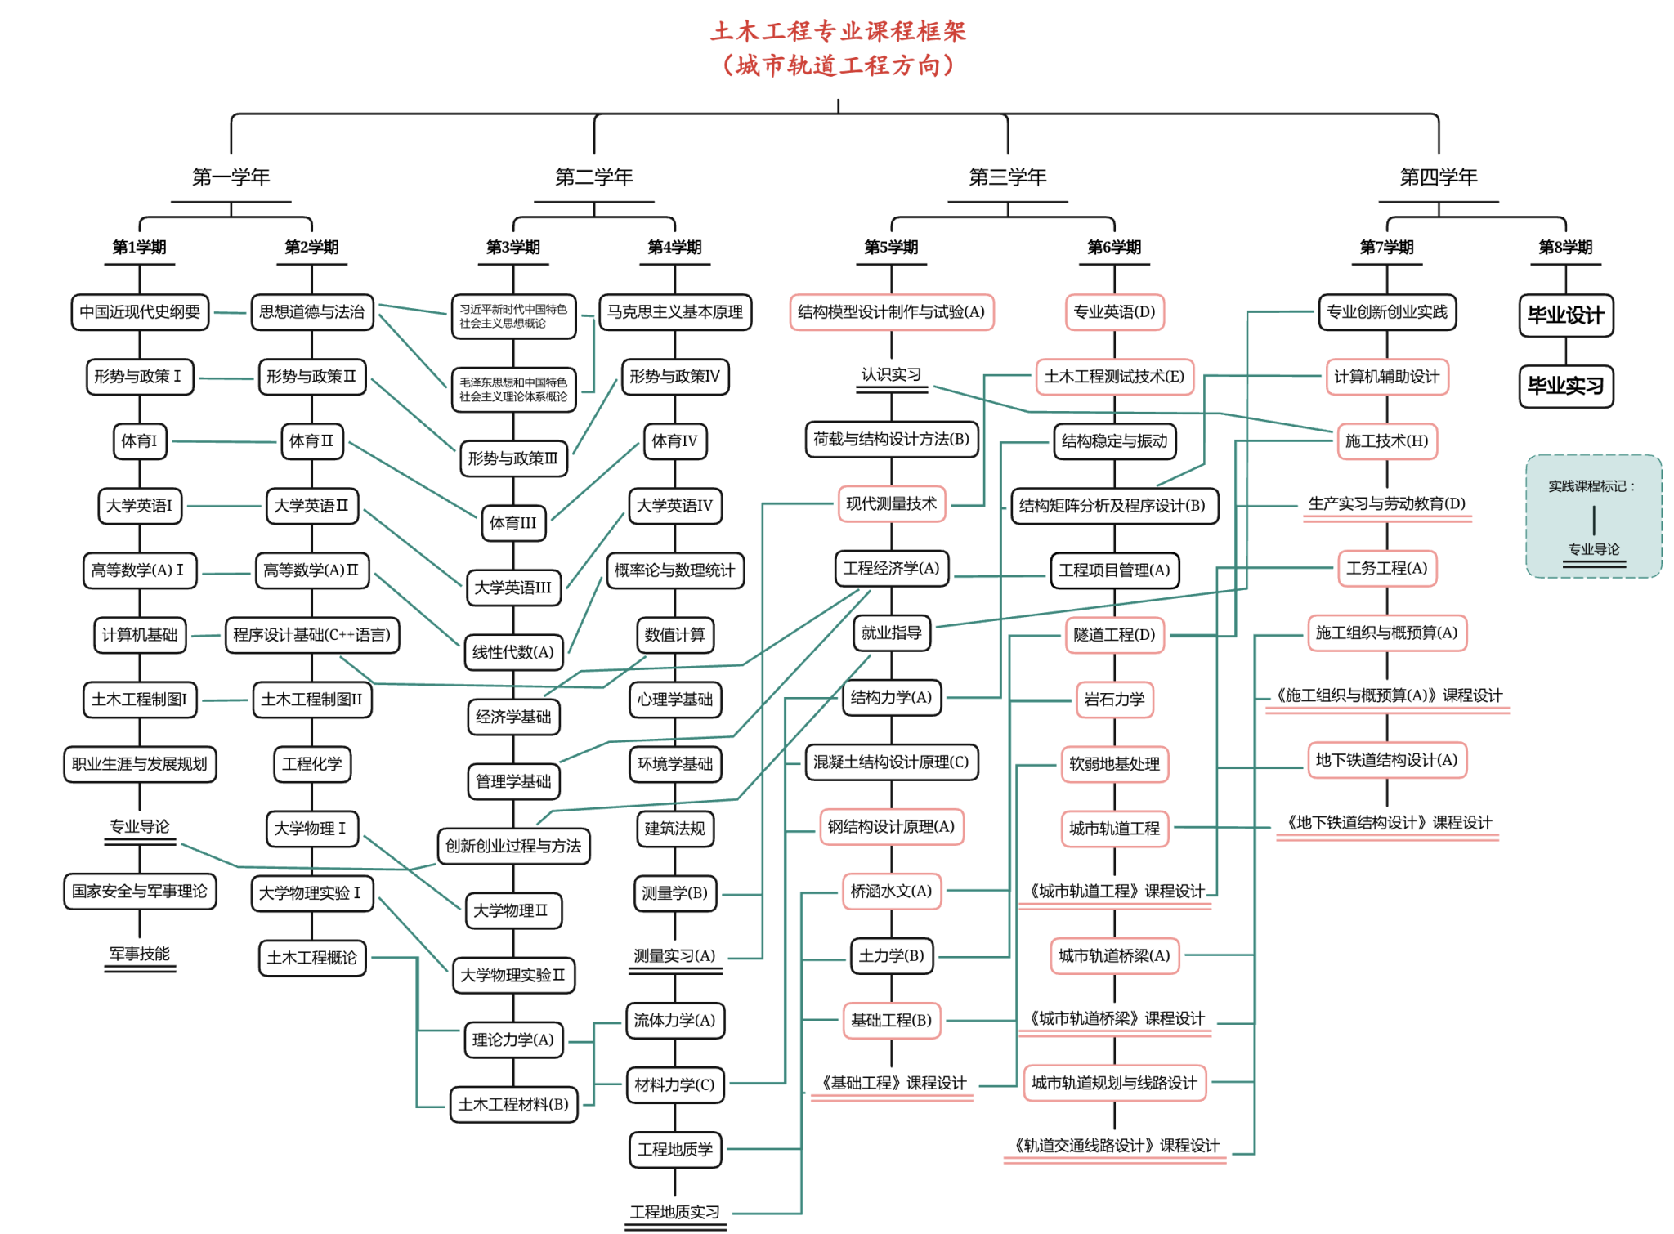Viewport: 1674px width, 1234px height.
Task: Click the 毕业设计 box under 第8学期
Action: [x=1565, y=315]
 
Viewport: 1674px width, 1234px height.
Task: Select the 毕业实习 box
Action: [x=1565, y=386]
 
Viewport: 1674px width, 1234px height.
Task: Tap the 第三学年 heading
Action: [x=1007, y=177]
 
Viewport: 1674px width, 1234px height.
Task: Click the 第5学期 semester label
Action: [x=891, y=247]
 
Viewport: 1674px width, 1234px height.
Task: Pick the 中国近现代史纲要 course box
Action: [x=140, y=312]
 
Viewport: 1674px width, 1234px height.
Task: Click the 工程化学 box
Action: [x=311, y=764]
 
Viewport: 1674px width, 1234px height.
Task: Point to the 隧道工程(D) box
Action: [x=1114, y=635]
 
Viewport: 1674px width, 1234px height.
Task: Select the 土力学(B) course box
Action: [x=891, y=956]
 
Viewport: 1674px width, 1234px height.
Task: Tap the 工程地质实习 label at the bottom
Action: [x=674, y=1212]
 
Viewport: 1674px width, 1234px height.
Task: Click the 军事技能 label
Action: [x=140, y=954]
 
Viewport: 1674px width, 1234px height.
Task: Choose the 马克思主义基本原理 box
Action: [x=674, y=312]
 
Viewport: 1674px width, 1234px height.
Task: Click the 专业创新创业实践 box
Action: [x=1386, y=312]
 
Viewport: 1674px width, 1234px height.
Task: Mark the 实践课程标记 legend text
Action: [x=1592, y=486]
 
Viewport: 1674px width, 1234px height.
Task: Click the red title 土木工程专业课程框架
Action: [x=838, y=32]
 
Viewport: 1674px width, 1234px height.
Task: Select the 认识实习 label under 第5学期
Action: [x=891, y=374]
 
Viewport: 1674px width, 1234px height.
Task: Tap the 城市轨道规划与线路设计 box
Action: [x=1114, y=1084]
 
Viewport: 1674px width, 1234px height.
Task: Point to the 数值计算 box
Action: [x=674, y=635]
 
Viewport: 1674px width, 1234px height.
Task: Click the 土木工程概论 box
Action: [x=311, y=958]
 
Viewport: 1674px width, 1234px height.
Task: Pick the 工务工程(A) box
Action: [x=1386, y=569]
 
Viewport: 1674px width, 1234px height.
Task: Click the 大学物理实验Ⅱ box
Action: [x=512, y=976]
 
